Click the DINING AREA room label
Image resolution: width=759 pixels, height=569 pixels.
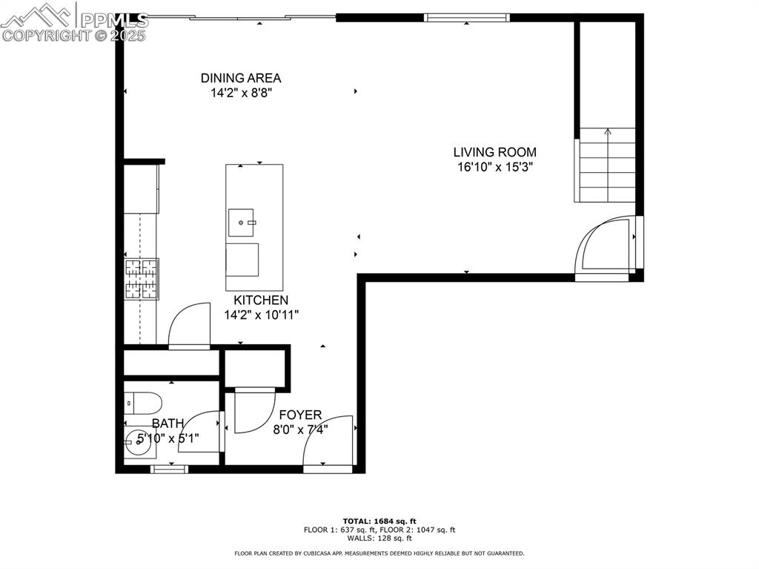[x=240, y=78]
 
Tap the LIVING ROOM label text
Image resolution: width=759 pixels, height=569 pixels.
[x=494, y=152]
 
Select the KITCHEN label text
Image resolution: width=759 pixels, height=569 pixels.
[x=261, y=300]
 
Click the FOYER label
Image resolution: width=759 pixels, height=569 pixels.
[x=300, y=415]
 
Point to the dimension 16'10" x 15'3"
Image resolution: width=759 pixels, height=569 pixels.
[x=494, y=167]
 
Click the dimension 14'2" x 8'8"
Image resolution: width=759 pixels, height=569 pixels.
[x=240, y=93]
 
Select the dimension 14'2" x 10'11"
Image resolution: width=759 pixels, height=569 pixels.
[x=261, y=315]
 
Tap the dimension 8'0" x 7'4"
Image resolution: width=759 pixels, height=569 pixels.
[x=300, y=429]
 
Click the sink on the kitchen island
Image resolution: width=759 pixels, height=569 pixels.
[x=242, y=221]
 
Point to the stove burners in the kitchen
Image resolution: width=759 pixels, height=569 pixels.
[x=142, y=279]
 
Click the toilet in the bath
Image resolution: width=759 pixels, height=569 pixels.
[x=142, y=404]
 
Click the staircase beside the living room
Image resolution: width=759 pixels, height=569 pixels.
[x=606, y=165]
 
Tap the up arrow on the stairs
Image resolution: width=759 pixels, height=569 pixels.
[x=608, y=133]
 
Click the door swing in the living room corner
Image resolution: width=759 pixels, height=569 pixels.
[x=606, y=245]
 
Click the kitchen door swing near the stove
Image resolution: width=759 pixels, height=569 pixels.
[x=189, y=326]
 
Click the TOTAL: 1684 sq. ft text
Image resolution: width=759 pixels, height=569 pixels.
[x=379, y=521]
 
